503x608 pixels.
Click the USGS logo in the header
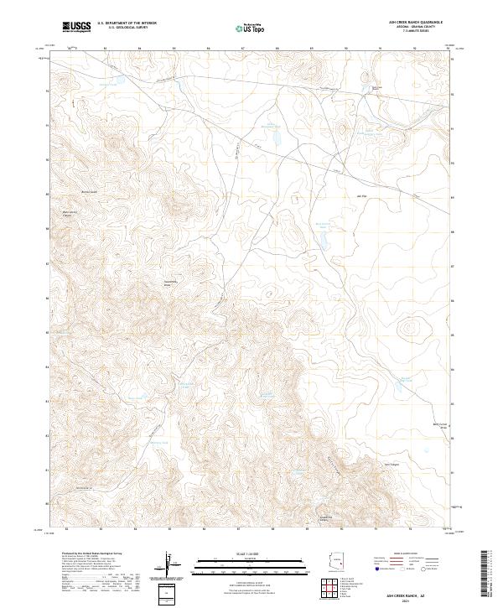pyautogui.click(x=76, y=27)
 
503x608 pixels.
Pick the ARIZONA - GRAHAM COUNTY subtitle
pyautogui.click(x=412, y=28)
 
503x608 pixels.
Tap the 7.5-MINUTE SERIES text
pyautogui.click(x=412, y=32)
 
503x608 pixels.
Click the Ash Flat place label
pyautogui.click(x=363, y=196)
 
